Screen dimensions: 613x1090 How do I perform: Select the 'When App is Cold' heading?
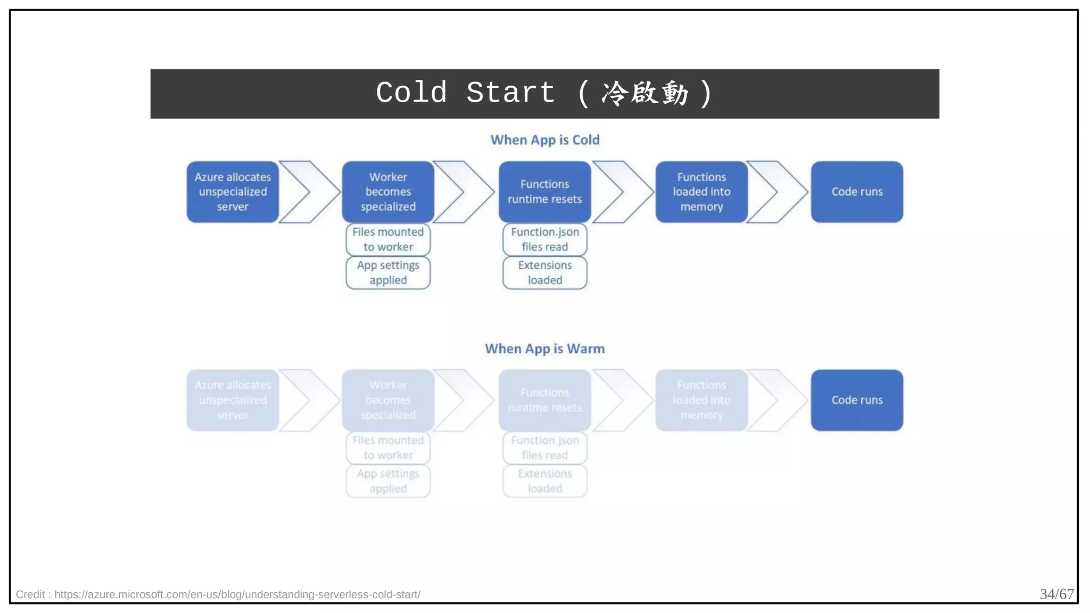click(x=544, y=140)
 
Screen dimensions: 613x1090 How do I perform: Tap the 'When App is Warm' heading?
click(x=544, y=349)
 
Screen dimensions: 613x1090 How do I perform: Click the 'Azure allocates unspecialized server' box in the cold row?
click(x=233, y=192)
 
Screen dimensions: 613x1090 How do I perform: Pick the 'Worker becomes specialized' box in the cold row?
click(x=388, y=192)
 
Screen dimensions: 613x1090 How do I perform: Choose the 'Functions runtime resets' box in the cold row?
click(x=544, y=192)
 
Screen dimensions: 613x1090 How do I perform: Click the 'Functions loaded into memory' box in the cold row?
click(x=701, y=192)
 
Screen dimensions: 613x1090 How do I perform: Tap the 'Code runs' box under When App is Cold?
click(x=857, y=192)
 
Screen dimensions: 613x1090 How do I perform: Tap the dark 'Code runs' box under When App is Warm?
click(x=857, y=400)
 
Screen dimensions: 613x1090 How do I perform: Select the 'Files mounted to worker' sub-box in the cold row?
click(x=388, y=239)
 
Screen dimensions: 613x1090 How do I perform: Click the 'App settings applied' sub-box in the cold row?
click(x=388, y=273)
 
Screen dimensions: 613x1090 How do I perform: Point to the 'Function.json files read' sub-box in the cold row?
click(x=544, y=239)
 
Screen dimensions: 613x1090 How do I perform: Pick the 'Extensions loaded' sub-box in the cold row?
click(x=544, y=273)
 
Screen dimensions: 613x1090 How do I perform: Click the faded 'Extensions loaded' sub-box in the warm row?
click(x=544, y=481)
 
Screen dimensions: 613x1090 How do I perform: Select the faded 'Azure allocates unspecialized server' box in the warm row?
click(x=233, y=400)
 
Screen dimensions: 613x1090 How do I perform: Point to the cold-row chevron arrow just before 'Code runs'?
click(x=778, y=192)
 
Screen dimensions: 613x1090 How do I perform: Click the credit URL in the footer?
click(x=237, y=594)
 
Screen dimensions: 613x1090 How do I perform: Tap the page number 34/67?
click(x=1056, y=594)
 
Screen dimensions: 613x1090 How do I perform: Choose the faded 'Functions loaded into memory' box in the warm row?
click(x=701, y=400)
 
